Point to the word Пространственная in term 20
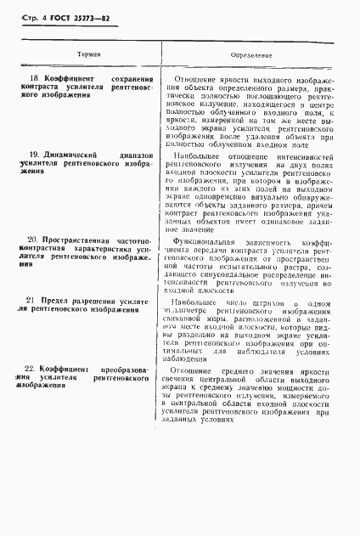77,241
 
